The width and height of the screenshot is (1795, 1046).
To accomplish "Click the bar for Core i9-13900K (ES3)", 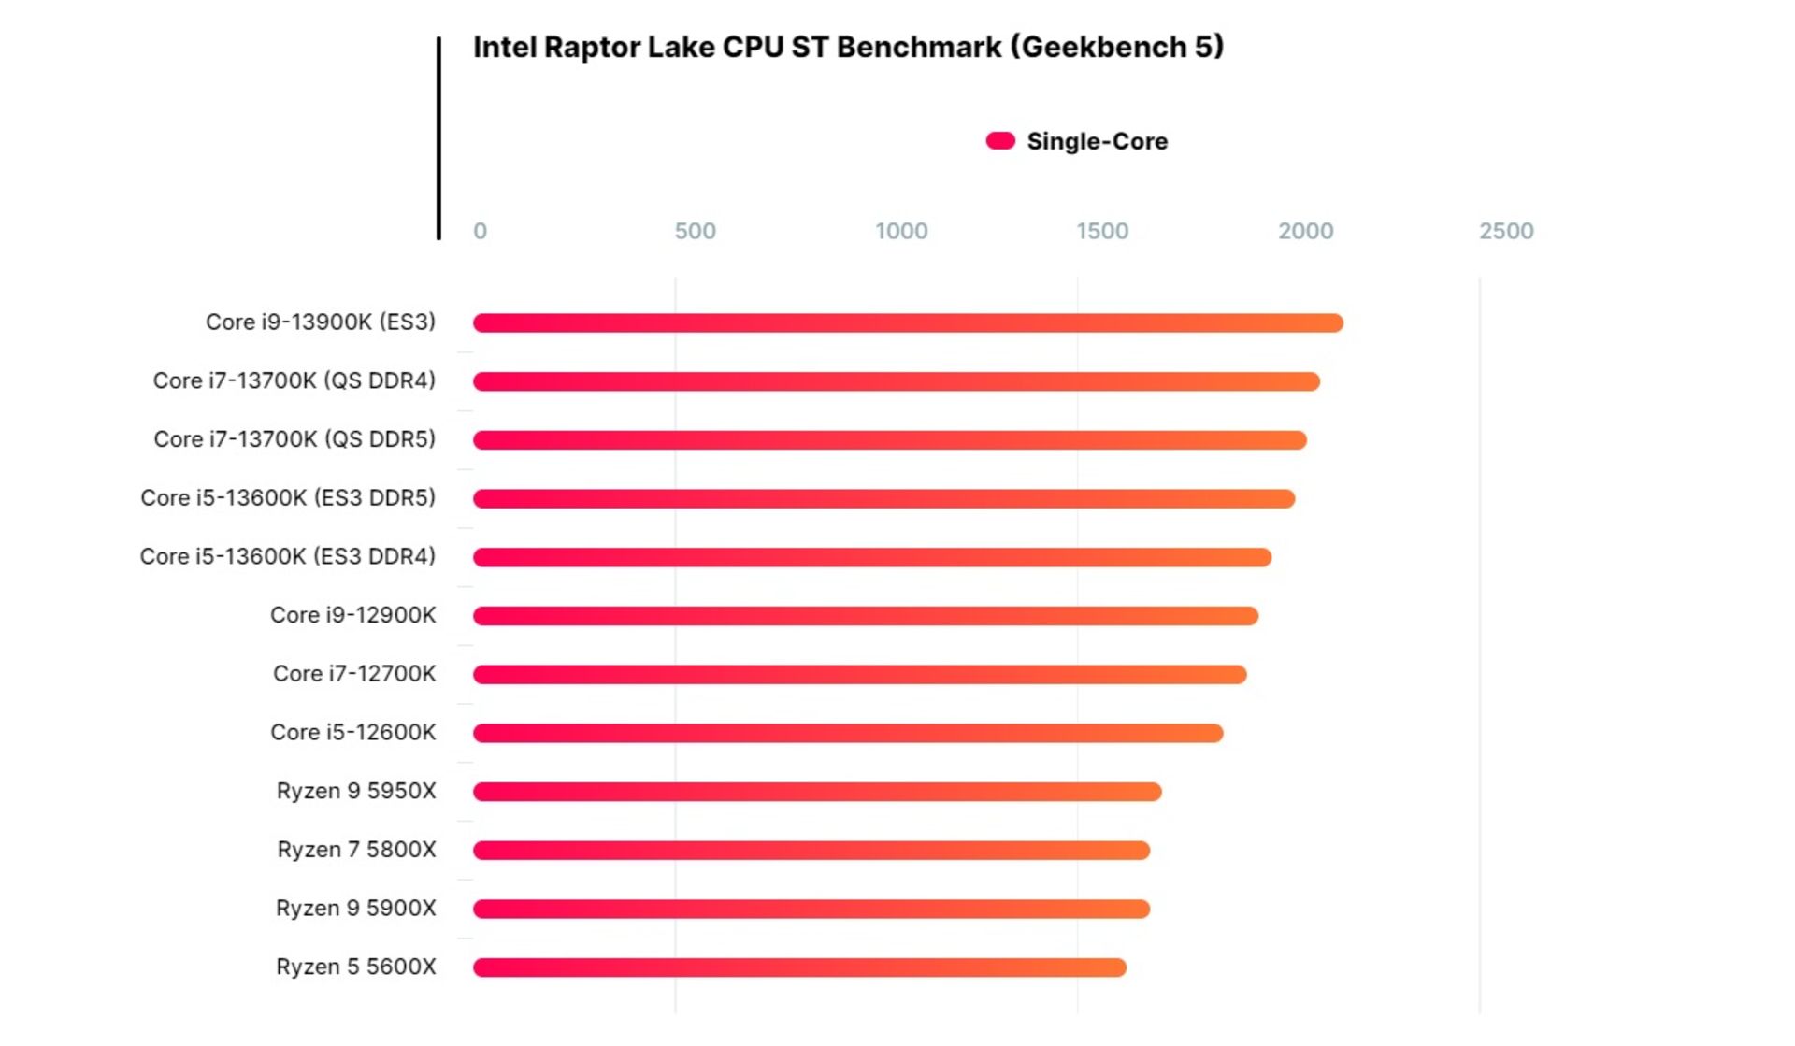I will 907,323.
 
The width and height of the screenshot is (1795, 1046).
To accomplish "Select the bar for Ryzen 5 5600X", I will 799,967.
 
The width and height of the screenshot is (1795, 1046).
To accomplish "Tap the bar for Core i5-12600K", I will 847,733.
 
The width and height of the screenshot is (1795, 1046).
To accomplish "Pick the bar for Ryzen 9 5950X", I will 817,792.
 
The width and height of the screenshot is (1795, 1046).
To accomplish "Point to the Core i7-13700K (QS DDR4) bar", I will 896,381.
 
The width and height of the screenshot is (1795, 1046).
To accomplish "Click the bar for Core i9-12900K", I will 865,616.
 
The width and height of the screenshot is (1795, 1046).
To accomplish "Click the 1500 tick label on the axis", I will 1102,231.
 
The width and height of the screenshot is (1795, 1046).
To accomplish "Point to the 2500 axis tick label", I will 1505,231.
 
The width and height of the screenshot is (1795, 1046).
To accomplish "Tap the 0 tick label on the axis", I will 480,231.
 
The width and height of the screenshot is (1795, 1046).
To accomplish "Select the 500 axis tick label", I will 695,231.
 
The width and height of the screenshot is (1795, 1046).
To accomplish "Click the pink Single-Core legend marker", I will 1000,141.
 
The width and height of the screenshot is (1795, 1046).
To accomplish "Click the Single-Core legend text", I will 1097,141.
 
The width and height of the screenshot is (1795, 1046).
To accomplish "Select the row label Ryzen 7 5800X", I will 356,850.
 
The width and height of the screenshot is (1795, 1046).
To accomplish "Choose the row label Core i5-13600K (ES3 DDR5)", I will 288,497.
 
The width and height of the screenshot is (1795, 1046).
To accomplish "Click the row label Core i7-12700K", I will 354,674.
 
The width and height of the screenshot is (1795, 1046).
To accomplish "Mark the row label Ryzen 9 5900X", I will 355,909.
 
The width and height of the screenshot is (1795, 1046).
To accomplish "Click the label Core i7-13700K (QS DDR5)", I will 294,439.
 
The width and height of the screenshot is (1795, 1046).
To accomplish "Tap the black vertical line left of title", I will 438,138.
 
